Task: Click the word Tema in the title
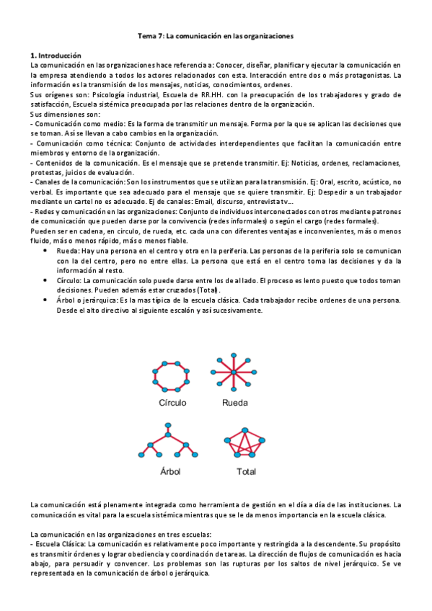pyautogui.click(x=147, y=35)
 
